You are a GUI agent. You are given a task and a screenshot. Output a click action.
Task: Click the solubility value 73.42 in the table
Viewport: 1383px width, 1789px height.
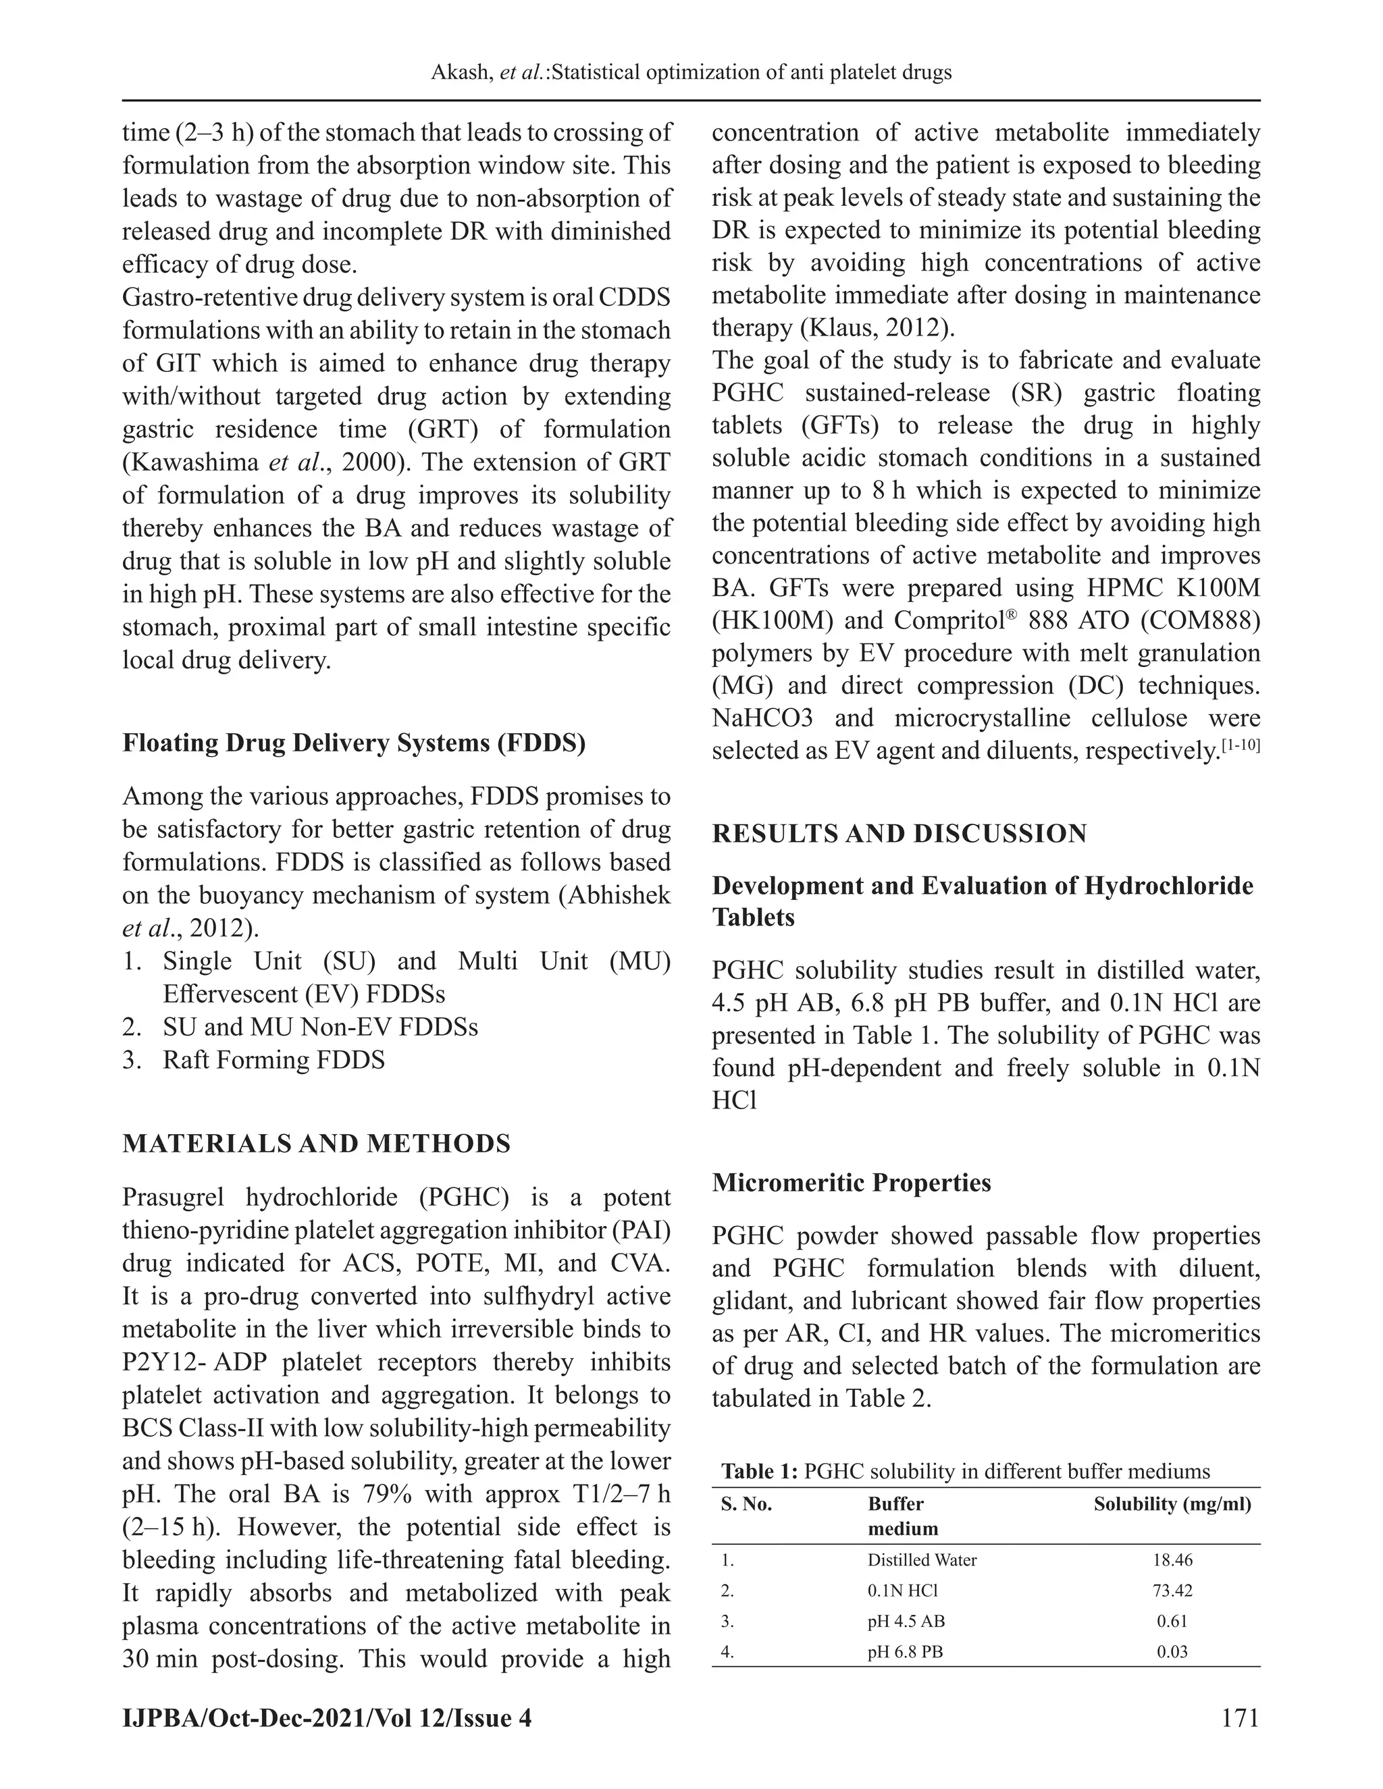click(x=1172, y=1591)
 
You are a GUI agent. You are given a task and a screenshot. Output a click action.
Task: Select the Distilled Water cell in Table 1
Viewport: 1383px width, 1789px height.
click(x=922, y=1560)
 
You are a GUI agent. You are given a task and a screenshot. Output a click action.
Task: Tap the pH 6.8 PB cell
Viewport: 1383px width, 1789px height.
click(x=904, y=1652)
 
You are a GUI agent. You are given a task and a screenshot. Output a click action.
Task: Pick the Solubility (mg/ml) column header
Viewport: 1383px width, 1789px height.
click(x=1172, y=1505)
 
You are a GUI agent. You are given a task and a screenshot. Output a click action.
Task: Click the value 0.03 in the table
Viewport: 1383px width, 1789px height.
click(x=1172, y=1652)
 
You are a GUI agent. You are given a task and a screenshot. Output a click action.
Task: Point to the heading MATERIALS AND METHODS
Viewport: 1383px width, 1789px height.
click(x=316, y=1144)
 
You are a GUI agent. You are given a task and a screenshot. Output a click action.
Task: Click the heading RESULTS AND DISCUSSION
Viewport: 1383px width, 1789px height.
click(x=899, y=834)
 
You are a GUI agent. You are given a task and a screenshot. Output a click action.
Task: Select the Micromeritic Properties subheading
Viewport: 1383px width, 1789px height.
click(x=852, y=1183)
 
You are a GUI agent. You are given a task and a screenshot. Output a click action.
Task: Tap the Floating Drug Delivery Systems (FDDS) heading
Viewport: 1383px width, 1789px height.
click(x=354, y=743)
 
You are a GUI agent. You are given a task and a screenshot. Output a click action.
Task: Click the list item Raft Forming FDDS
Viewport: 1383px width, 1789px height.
click(x=273, y=1060)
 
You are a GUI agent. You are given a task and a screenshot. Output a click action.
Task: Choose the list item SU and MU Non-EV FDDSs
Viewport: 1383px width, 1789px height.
click(x=320, y=1027)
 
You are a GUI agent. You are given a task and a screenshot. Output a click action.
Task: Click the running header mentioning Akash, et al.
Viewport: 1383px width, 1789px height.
click(x=691, y=73)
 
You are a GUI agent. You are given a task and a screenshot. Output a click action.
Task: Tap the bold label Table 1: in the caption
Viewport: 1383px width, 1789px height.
click(x=760, y=1472)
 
